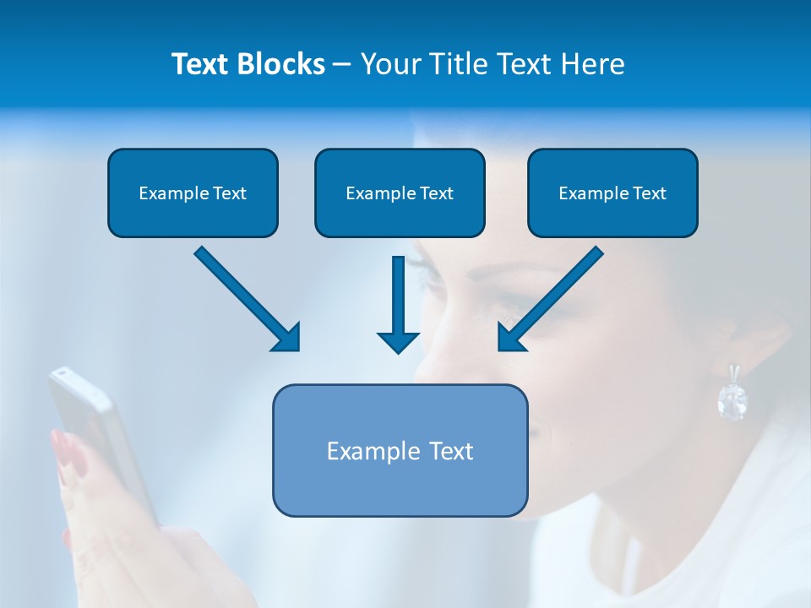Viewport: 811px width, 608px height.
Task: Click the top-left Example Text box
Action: (x=193, y=193)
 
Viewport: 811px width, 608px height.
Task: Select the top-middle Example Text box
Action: (x=400, y=193)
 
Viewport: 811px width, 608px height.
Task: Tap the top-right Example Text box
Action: (x=612, y=193)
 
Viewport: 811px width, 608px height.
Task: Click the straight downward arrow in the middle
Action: (x=398, y=304)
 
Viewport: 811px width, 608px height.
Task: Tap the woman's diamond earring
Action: (x=732, y=399)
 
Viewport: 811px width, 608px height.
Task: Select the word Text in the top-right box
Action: (x=649, y=193)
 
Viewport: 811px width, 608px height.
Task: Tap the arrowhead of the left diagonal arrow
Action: (x=287, y=338)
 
